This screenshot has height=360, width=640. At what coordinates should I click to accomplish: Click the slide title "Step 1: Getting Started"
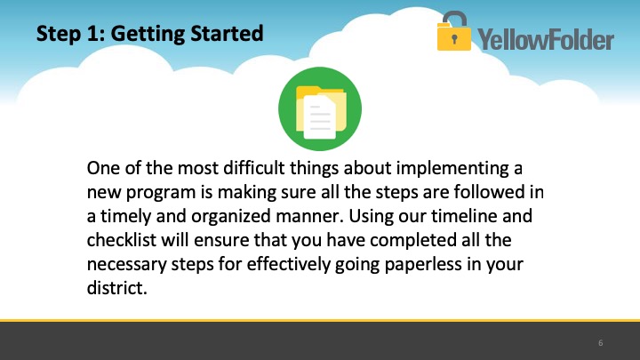point(150,34)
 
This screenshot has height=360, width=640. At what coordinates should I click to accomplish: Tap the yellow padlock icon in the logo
point(454,31)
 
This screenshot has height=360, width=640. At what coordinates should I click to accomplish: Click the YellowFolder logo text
point(546,40)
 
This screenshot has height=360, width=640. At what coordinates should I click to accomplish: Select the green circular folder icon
point(320,109)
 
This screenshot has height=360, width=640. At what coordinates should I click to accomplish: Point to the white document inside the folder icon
point(320,117)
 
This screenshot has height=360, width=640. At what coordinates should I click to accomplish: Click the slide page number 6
point(600,343)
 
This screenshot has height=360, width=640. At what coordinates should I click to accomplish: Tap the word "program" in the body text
point(161,193)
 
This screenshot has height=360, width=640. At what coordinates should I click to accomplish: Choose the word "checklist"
point(121,240)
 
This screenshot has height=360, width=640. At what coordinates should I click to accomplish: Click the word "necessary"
point(127,265)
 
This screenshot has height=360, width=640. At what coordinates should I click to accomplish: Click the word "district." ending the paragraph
point(116,288)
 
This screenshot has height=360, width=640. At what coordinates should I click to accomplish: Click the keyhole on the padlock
point(455,39)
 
